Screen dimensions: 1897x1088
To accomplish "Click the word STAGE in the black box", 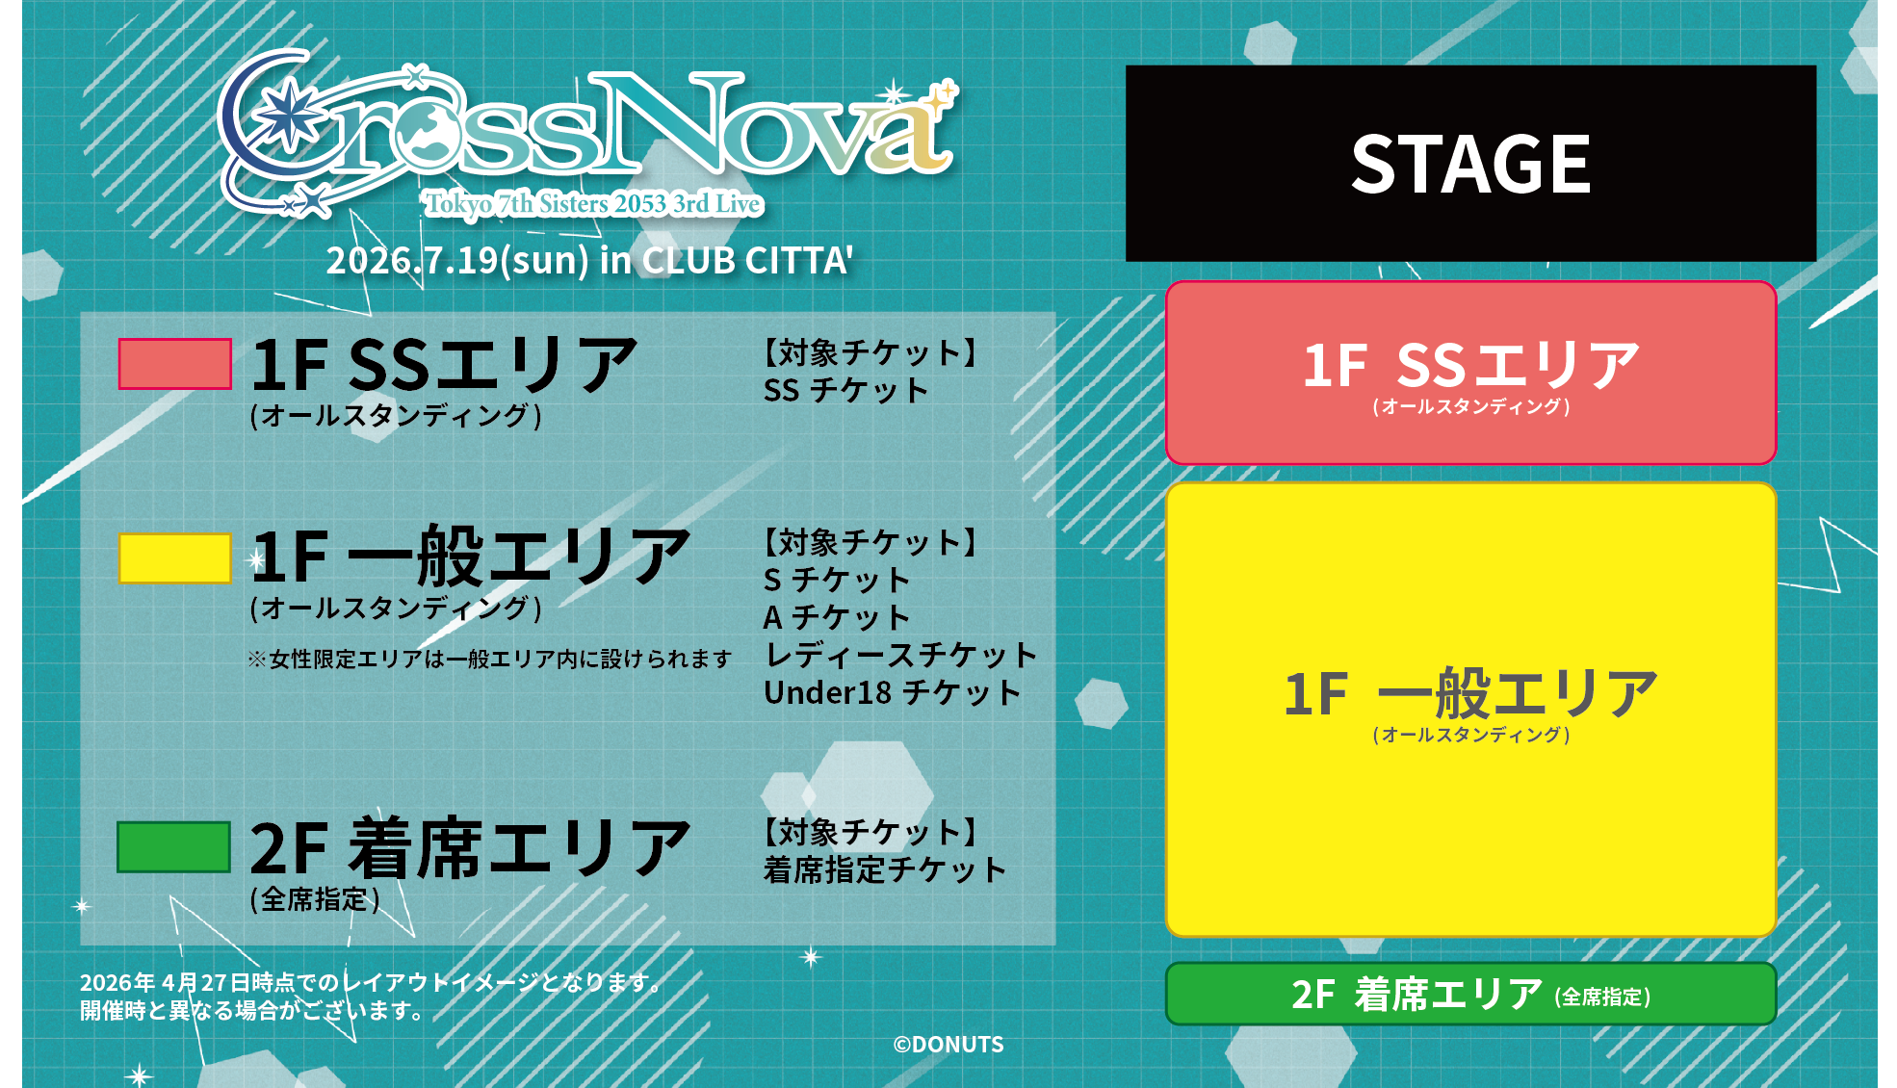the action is (1470, 164).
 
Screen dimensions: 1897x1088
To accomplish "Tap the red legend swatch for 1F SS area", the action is (174, 364).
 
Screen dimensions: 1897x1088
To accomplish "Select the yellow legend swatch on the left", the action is (174, 558).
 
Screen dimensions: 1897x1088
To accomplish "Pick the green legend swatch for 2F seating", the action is (173, 847).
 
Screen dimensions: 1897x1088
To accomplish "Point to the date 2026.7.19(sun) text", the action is (457, 260).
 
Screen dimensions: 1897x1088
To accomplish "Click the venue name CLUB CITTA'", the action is (747, 260).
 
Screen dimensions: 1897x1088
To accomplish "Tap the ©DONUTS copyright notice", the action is (948, 1045).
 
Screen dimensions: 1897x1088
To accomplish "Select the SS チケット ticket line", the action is (845, 391).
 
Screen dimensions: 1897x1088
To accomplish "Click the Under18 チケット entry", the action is (892, 693).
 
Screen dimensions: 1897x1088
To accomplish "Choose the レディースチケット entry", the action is (900, 656).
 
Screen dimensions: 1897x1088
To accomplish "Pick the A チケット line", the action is (837, 617).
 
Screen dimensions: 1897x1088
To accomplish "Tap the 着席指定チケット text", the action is (885, 870).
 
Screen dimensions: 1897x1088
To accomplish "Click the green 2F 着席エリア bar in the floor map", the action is (1470, 994).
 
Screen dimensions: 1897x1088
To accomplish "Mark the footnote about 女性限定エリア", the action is (489, 659).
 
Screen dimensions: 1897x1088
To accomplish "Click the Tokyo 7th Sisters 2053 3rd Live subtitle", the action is (593, 204).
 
